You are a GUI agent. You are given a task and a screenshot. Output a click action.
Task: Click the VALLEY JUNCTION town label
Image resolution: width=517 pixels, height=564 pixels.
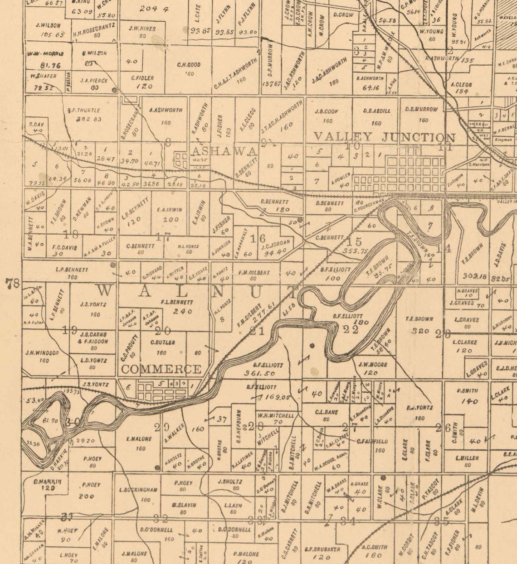(x=384, y=137)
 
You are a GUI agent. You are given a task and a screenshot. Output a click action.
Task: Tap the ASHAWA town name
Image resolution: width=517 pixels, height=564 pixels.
(x=224, y=151)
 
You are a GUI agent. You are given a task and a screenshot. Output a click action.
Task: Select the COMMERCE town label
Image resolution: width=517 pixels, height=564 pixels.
(x=161, y=369)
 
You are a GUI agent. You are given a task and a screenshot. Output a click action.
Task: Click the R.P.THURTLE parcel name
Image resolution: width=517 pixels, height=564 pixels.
(x=83, y=110)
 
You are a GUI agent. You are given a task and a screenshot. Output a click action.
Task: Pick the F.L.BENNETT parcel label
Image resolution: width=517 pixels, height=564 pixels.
(x=177, y=302)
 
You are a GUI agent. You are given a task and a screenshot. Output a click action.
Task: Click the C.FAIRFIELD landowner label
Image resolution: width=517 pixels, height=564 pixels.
(x=372, y=441)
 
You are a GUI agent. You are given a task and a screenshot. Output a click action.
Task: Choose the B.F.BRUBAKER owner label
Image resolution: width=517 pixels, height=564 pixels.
(x=322, y=549)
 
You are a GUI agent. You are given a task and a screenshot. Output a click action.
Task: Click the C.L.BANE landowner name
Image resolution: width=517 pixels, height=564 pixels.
(x=327, y=412)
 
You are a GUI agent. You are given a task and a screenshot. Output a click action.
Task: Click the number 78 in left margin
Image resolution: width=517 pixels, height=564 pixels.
(x=12, y=284)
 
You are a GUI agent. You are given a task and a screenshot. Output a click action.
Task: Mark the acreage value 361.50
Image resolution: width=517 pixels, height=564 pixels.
(x=259, y=373)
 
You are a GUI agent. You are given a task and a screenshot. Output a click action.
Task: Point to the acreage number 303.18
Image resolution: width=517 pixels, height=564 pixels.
(x=474, y=275)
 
